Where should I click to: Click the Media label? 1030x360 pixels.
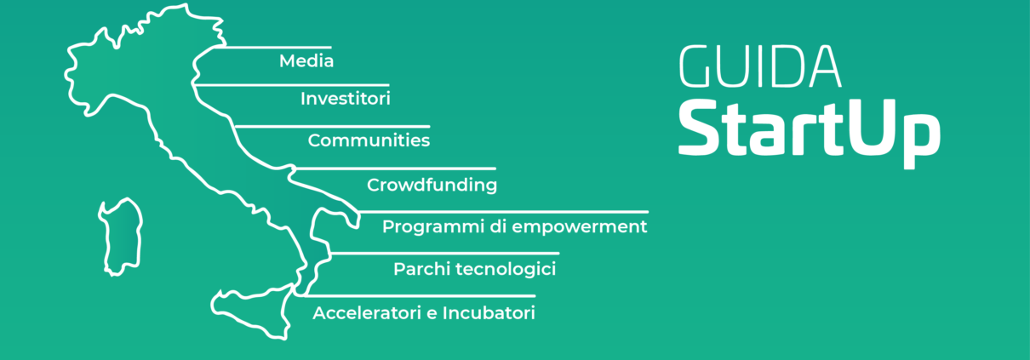(306, 60)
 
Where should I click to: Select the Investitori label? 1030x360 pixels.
(346, 99)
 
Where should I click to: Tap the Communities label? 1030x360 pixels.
(369, 140)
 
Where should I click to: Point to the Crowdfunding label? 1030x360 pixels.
(432, 185)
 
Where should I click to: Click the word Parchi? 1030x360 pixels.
(422, 268)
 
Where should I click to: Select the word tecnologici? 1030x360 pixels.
(506, 270)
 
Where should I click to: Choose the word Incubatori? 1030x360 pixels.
(489, 313)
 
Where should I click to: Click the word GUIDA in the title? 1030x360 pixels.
(760, 66)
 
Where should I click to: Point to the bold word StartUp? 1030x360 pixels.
(810, 133)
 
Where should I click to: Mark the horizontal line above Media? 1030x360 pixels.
(272, 47)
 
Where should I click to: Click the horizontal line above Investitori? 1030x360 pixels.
(292, 85)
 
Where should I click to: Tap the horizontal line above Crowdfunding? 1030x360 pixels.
(396, 169)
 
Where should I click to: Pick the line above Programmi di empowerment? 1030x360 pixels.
(503, 212)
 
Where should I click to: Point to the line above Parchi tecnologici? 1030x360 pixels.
(444, 253)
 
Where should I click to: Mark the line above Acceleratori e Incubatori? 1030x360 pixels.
(420, 295)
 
